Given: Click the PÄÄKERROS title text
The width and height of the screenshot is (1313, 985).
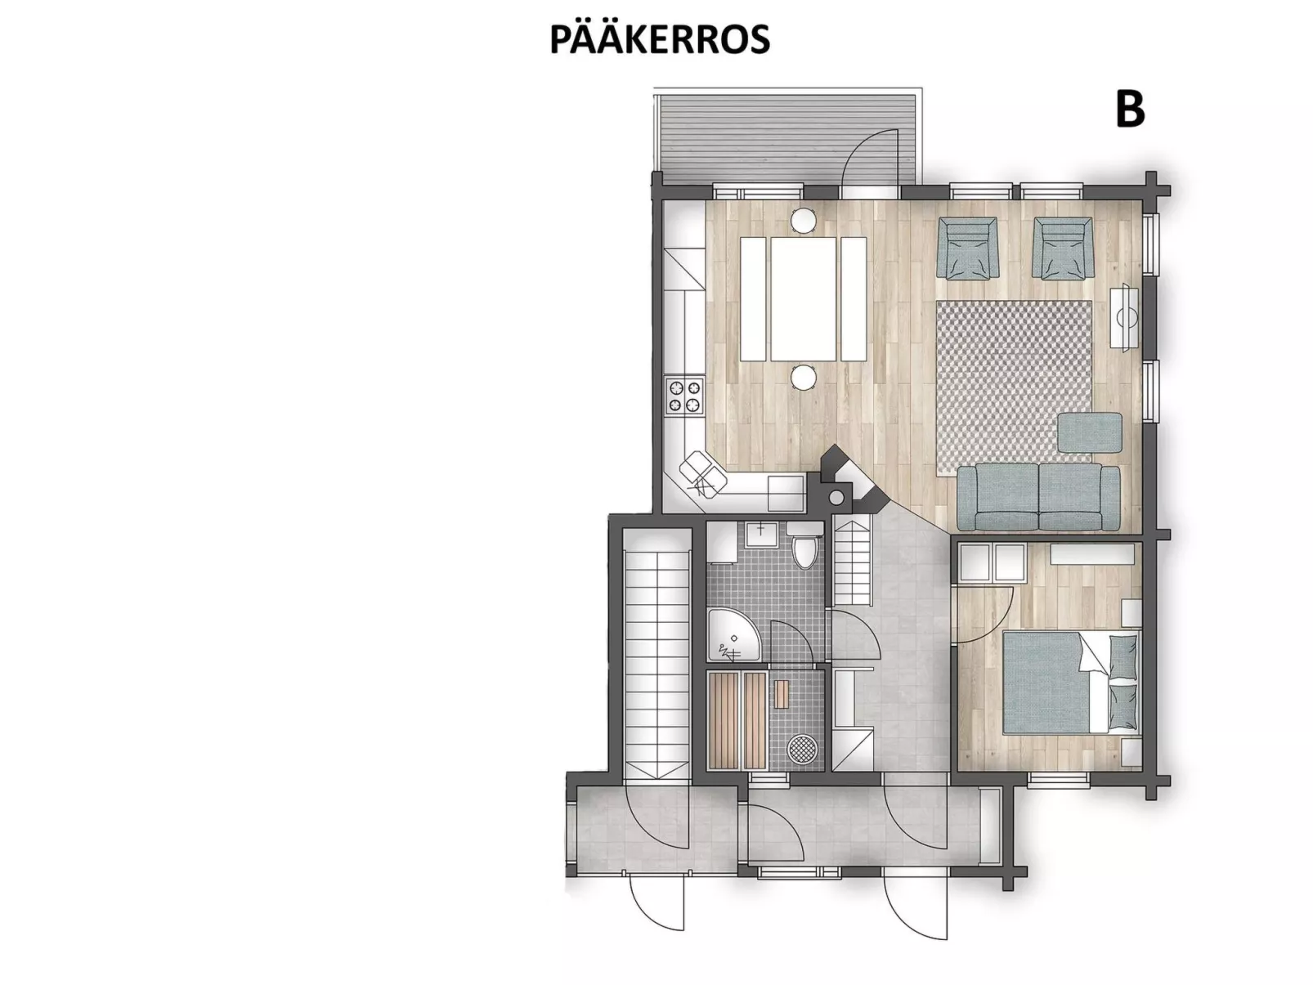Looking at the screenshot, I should [659, 39].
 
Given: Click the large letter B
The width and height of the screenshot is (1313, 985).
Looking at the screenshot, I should [1130, 110].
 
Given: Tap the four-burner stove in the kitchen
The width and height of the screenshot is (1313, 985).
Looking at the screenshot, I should [684, 396].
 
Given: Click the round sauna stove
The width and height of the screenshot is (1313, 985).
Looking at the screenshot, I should [800, 747].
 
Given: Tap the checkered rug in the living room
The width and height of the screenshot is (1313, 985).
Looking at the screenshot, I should [1014, 384].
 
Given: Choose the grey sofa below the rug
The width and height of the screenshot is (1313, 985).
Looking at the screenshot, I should [1038, 495].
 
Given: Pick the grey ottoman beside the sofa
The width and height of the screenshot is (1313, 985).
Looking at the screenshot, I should [1090, 432].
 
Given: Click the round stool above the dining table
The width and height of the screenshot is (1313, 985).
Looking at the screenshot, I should [804, 219].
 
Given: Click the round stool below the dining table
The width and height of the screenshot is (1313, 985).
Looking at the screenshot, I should [804, 377].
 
